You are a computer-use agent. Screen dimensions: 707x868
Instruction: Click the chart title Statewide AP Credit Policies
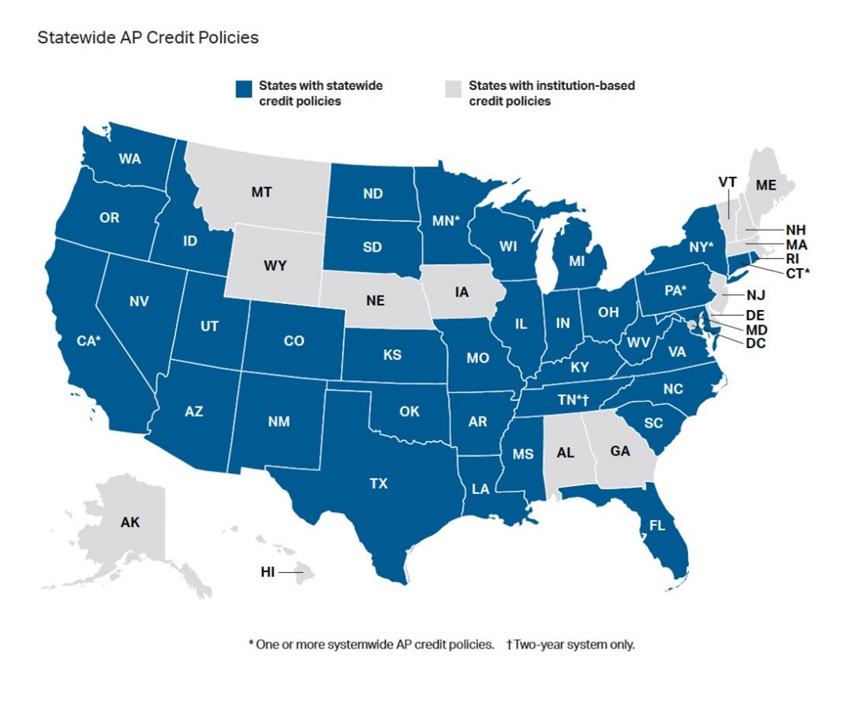148,37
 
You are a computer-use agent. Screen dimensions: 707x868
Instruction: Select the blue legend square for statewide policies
244,89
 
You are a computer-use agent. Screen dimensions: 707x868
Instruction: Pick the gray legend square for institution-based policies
453,89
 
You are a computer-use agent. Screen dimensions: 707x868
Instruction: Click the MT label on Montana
263,192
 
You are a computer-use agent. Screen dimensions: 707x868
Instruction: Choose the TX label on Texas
379,483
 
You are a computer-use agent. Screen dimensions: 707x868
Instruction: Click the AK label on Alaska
130,522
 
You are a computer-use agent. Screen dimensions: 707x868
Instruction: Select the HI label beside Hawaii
268,572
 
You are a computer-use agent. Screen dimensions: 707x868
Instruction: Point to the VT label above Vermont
727,181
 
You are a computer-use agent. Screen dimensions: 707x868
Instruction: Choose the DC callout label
755,343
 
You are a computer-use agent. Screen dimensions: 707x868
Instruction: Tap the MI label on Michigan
576,260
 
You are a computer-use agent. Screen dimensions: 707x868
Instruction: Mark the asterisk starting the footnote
251,644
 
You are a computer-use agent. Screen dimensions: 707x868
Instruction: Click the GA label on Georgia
620,452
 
